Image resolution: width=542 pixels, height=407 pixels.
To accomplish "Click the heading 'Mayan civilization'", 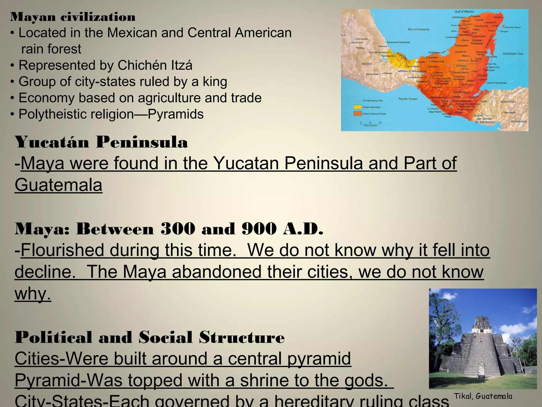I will click(73, 17).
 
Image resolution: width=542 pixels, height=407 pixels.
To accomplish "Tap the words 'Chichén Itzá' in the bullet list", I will click(155, 65).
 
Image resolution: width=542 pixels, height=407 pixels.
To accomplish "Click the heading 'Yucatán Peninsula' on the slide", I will click(101, 142).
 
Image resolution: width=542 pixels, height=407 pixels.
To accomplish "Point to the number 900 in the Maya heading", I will click(259, 228).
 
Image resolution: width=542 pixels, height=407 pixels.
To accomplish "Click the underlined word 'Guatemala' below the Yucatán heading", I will click(58, 185).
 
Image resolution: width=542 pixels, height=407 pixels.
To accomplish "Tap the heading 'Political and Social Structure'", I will click(150, 337).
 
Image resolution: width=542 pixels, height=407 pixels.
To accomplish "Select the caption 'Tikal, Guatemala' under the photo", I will click(483, 396).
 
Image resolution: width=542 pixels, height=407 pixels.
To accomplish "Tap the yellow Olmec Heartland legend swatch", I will click(358, 107).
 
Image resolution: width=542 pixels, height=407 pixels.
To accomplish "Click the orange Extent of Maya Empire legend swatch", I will click(358, 114).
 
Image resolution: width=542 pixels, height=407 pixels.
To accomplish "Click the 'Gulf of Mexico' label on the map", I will click(464, 12).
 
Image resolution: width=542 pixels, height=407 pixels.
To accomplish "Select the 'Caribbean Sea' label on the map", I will click(513, 54).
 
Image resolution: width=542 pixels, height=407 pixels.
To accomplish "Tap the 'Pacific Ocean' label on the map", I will click(408, 99).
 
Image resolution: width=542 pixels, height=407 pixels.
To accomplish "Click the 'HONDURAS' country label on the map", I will click(508, 102).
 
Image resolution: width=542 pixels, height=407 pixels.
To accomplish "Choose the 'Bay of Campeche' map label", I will click(418, 29).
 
